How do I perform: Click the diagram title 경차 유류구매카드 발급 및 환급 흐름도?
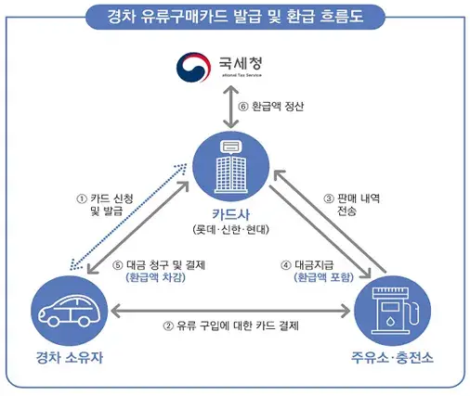pyautogui.click(x=234, y=15)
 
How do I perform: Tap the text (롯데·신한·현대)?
pyautogui.click(x=232, y=229)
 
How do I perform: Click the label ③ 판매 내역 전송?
pyautogui.click(x=354, y=205)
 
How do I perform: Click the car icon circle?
pyautogui.click(x=67, y=311)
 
